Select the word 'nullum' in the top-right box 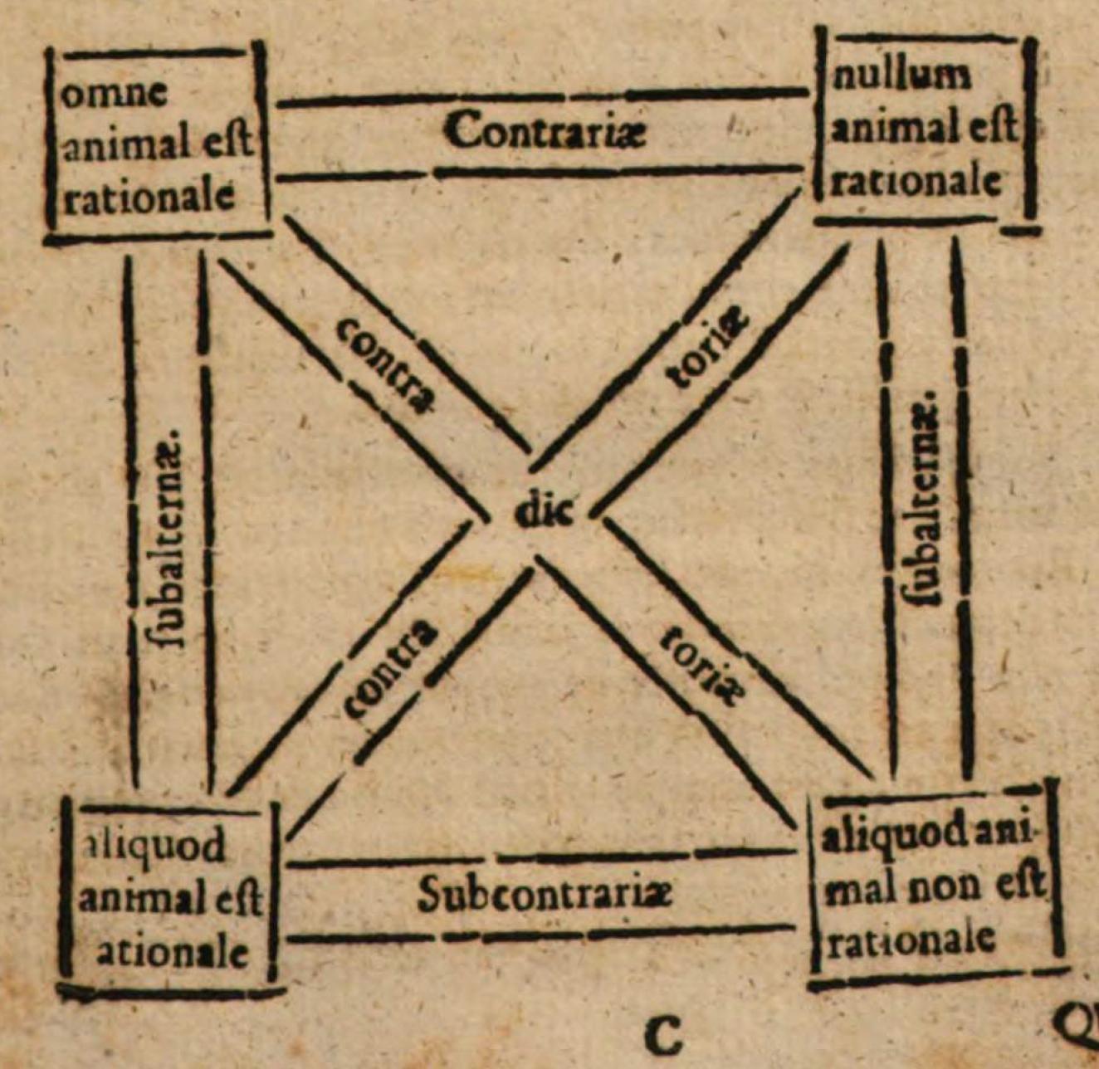[x=901, y=76]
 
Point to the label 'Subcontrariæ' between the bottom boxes [x=545, y=896]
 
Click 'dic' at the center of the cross [x=543, y=512]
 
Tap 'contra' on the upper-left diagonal [x=386, y=366]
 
